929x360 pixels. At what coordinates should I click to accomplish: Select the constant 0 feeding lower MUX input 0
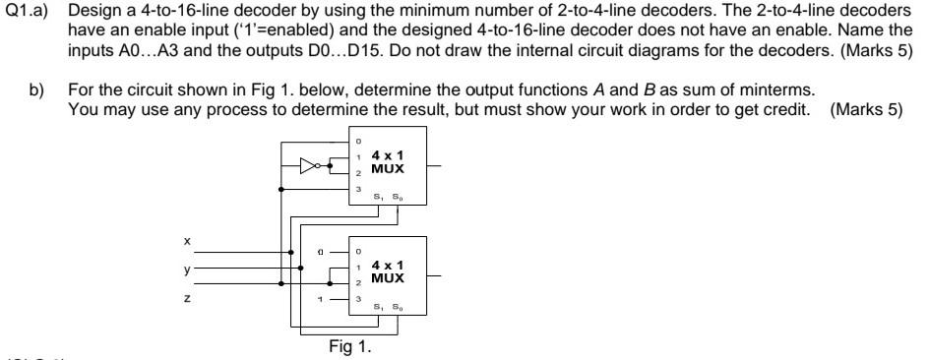coord(321,252)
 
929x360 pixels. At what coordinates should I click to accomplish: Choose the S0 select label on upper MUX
coord(398,197)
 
